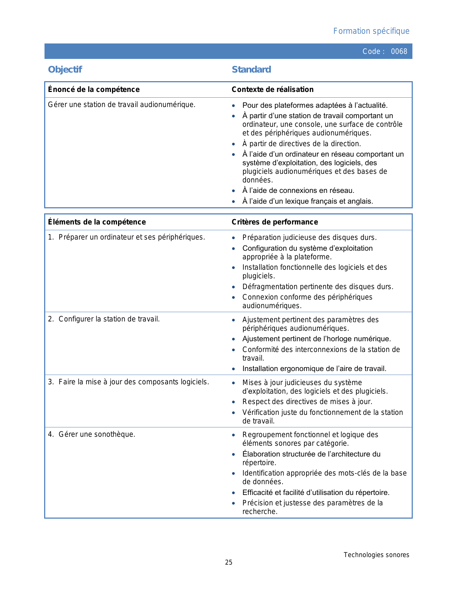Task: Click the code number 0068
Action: tap(399, 51)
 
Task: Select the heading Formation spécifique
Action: tap(371, 31)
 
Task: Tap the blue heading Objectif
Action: tap(65, 69)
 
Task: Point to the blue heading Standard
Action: tap(251, 69)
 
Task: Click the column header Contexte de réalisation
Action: tap(272, 89)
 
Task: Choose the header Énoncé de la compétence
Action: tap(94, 89)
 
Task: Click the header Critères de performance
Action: tap(275, 222)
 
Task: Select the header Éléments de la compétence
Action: tap(97, 222)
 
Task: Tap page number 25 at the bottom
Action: tap(229, 562)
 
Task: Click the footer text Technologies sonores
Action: tap(376, 555)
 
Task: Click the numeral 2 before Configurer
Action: tap(50, 319)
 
